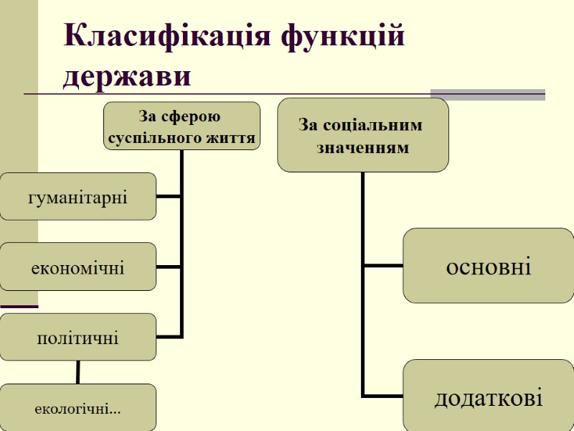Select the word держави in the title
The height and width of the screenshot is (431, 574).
[x=127, y=77]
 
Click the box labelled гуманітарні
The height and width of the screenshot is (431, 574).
[x=77, y=196]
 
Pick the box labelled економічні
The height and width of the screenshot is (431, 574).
[x=77, y=267]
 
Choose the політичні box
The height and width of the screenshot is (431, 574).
[x=77, y=337]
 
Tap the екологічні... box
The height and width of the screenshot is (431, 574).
[x=77, y=407]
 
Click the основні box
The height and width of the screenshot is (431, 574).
[x=489, y=266]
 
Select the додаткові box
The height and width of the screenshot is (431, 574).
[x=489, y=397]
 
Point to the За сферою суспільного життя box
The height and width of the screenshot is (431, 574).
[x=182, y=126]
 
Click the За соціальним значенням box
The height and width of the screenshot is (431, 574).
[x=362, y=135]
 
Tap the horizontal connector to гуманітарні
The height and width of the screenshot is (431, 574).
[x=169, y=196]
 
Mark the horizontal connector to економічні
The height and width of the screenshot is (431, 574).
[x=169, y=267]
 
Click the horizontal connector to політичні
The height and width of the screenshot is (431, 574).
[x=169, y=337]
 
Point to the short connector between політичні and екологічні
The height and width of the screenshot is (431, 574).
[x=77, y=372]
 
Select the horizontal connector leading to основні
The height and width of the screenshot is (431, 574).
[x=383, y=266]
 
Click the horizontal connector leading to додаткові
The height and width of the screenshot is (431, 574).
[x=383, y=395]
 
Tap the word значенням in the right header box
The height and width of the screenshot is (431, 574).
[x=363, y=149]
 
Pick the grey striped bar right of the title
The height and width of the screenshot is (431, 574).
[x=488, y=93]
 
